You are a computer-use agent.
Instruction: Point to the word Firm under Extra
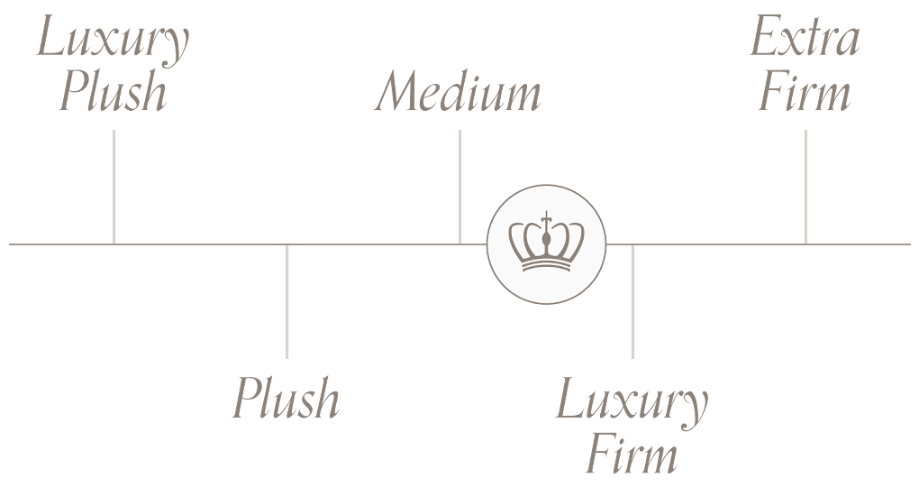(805, 94)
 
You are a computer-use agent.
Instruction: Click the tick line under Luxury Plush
(114, 186)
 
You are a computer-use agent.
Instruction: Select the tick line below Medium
(459, 186)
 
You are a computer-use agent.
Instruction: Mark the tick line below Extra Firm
(805, 186)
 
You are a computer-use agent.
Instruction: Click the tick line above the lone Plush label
(287, 301)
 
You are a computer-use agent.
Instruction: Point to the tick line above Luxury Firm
(632, 301)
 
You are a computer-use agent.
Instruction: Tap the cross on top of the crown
(546, 217)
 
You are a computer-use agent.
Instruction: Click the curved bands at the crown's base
(546, 264)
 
